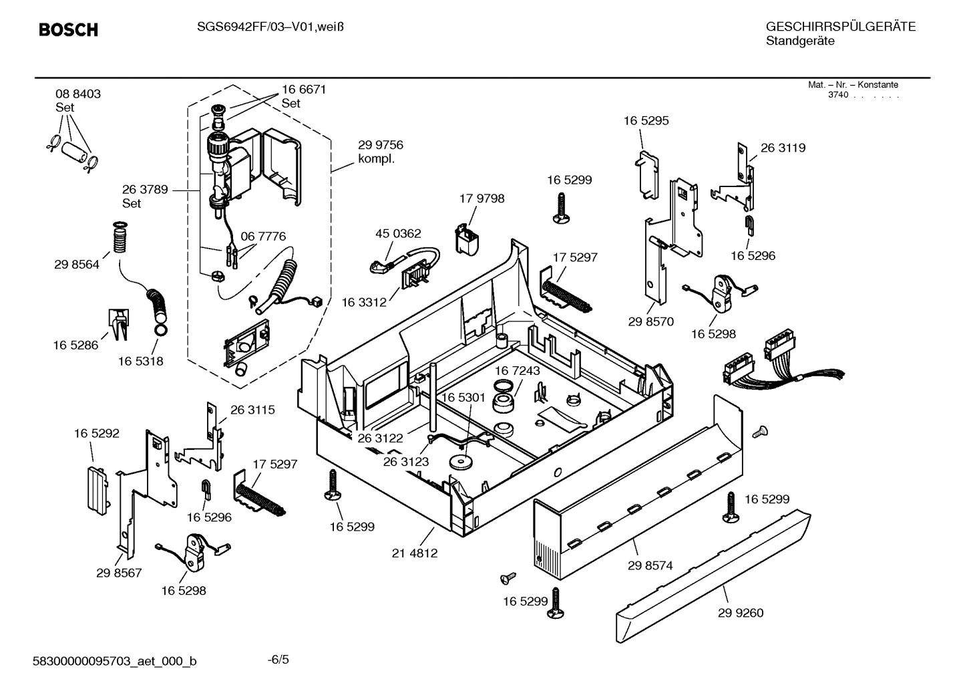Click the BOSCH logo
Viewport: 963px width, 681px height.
point(68,30)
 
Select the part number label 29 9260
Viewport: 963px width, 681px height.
point(741,613)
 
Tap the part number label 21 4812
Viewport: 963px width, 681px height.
point(415,553)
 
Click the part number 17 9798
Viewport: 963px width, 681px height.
point(481,198)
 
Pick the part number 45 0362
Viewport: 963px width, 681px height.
point(398,233)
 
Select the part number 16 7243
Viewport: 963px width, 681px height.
point(517,370)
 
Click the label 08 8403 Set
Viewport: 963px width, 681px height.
point(77,100)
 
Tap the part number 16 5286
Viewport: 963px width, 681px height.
point(75,345)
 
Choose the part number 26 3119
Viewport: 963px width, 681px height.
point(783,148)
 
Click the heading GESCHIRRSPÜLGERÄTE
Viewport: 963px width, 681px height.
point(840,27)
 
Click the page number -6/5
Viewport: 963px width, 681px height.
point(278,660)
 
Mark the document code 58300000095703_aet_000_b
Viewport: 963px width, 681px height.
point(115,661)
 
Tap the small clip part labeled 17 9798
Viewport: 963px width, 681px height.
point(468,239)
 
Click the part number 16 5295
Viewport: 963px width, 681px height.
point(646,121)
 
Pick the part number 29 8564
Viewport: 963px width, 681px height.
point(77,265)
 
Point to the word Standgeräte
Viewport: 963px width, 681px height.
point(799,41)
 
